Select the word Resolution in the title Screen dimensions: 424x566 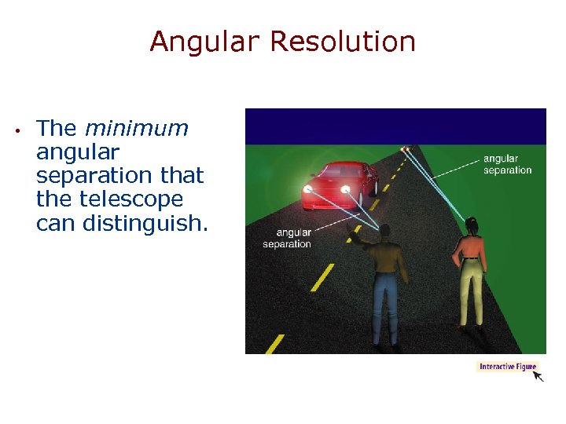(342, 42)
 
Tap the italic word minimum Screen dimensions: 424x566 (136, 128)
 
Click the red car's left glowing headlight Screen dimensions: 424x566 (308, 189)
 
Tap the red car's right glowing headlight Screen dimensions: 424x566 (344, 188)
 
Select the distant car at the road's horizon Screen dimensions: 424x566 (406, 148)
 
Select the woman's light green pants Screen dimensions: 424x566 (472, 291)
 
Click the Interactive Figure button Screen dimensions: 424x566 (507, 367)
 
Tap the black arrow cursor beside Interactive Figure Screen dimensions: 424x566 (538, 376)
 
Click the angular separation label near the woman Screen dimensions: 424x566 (507, 164)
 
